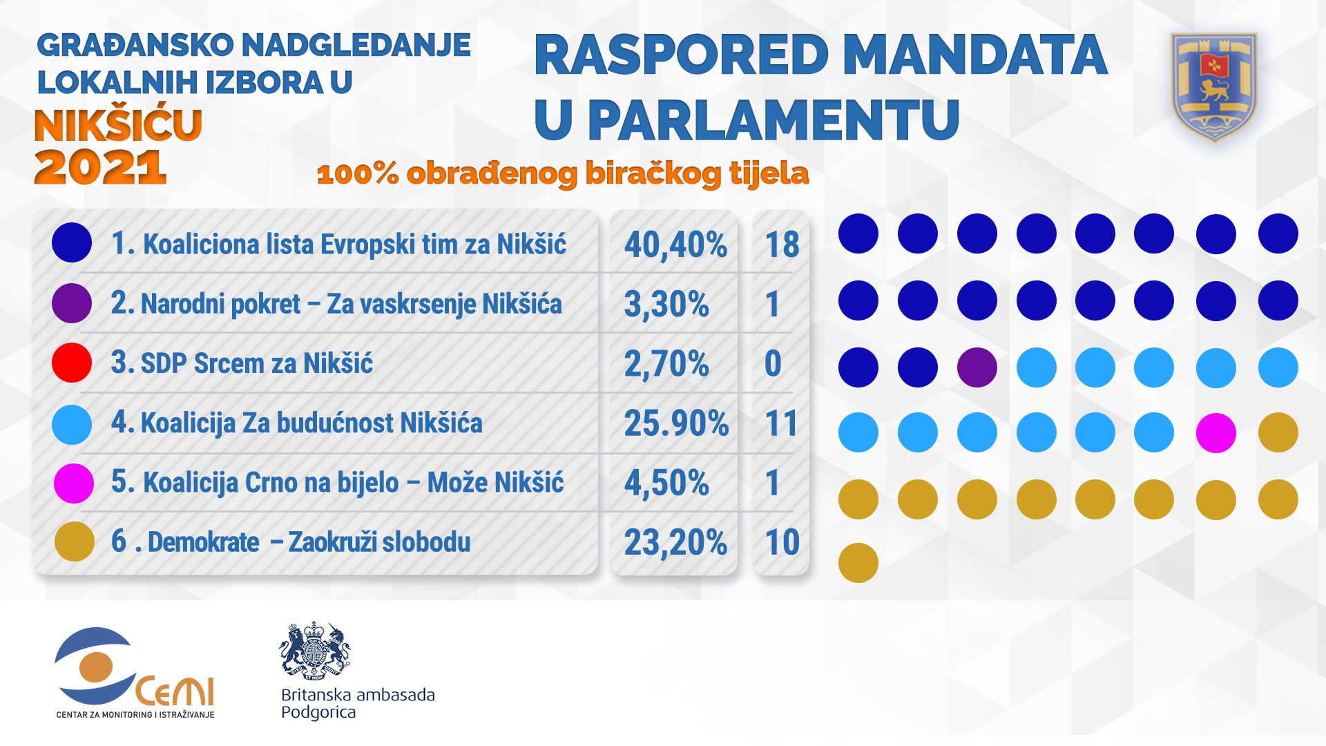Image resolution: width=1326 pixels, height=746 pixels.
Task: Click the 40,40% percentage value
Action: [x=675, y=245]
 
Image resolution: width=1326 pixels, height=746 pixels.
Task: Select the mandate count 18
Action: [x=782, y=245]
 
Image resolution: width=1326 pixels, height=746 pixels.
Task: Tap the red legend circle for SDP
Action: [x=72, y=363]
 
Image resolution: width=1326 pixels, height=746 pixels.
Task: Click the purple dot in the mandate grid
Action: [x=977, y=367]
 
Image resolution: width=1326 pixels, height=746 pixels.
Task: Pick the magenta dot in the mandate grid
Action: [x=1215, y=433]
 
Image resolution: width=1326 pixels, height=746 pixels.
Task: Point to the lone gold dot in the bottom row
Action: [x=858, y=562]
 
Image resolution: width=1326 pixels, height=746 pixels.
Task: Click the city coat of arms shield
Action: [x=1214, y=86]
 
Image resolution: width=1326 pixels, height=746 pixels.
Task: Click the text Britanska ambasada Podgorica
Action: [x=358, y=703]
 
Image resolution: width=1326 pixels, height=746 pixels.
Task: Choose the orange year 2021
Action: [x=101, y=168]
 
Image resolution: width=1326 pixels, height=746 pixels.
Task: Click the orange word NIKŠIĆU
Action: [x=118, y=125]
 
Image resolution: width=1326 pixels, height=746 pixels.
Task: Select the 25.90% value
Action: [x=675, y=423]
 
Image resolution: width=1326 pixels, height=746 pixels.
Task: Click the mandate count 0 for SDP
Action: [x=773, y=363]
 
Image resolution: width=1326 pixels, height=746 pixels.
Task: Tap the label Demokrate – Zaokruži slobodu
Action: [x=309, y=542]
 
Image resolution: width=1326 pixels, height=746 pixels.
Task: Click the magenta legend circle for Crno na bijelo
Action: [x=73, y=484]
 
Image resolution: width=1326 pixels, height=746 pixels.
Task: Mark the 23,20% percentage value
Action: [x=675, y=542]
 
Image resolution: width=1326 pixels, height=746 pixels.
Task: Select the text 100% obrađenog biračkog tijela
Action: [x=562, y=173]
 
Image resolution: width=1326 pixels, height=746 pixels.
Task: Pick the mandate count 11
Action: [x=781, y=423]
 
